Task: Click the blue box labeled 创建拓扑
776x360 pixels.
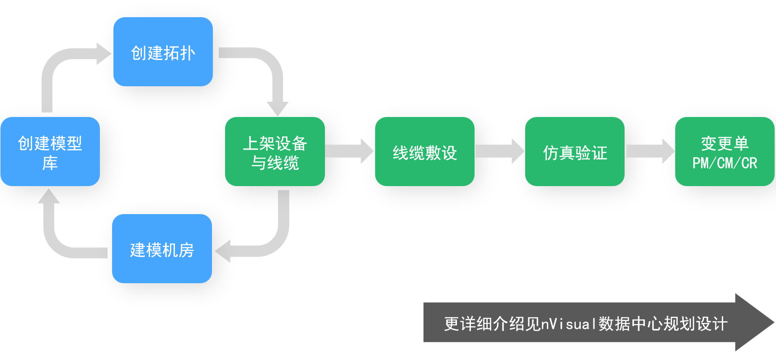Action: [163, 52]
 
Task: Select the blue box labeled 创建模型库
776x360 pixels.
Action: [50, 152]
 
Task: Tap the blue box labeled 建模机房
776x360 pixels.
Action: [162, 249]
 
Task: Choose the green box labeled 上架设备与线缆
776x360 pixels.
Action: [275, 152]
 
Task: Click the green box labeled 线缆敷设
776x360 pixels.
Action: [424, 152]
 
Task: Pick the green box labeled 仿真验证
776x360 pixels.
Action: [574, 152]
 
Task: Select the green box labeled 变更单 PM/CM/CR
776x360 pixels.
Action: [724, 152]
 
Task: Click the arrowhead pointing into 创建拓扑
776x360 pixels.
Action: [103, 54]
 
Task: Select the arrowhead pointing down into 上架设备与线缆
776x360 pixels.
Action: [277, 108]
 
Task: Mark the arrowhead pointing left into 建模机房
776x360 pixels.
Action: [223, 251]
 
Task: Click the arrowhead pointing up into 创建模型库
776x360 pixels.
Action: [49, 196]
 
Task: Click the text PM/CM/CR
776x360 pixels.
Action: [724, 163]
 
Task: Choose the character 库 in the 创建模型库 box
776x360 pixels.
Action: [50, 163]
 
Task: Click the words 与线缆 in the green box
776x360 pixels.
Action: [275, 163]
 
